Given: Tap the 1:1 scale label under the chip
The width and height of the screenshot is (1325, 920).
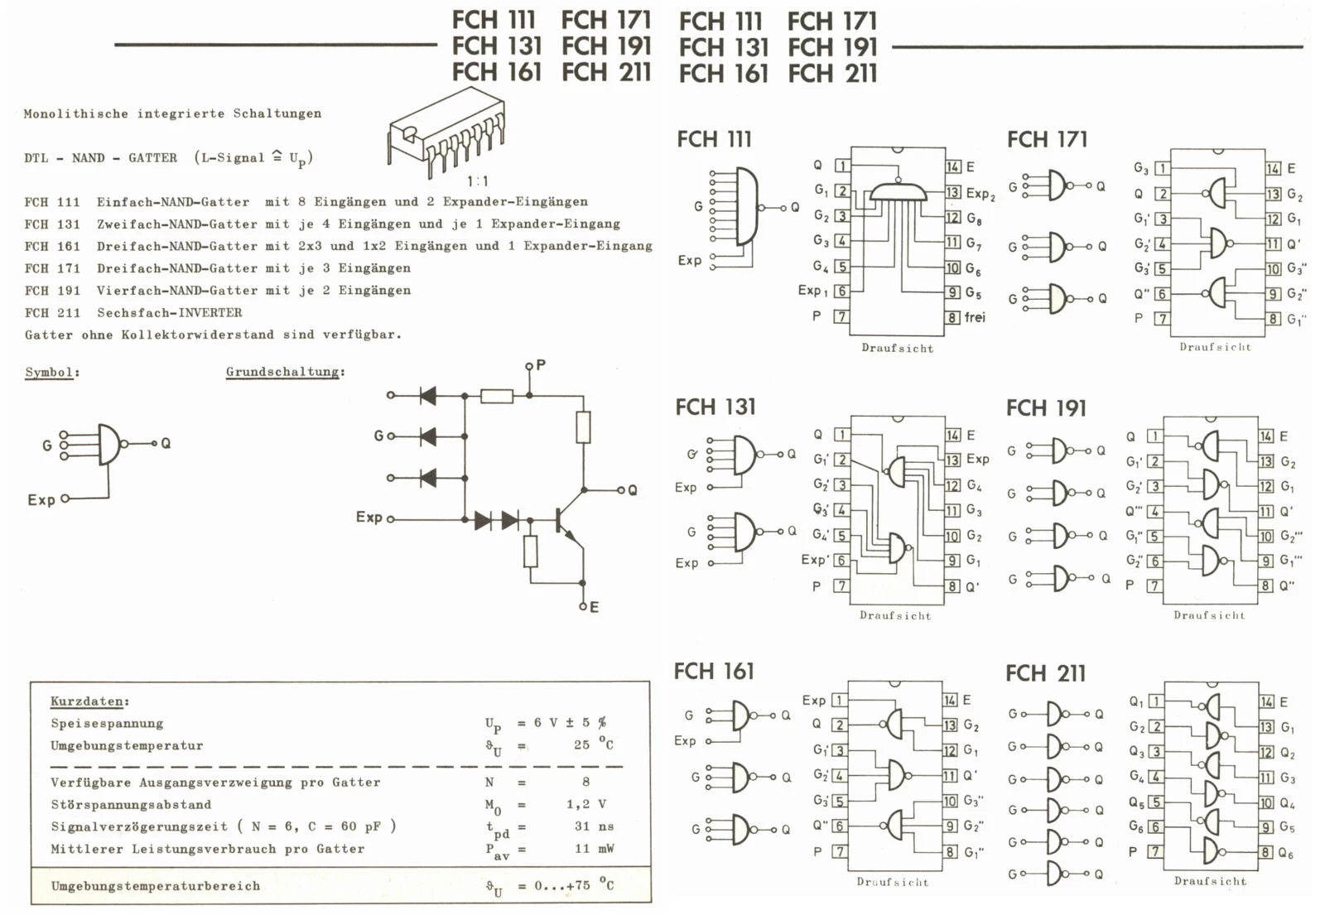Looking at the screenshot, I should coord(478,181).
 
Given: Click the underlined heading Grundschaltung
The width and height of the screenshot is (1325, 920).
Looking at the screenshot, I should coord(284,372).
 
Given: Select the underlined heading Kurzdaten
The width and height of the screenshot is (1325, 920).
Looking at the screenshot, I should coord(89,701).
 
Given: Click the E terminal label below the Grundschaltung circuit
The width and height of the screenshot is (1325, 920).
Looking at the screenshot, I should coord(594,607).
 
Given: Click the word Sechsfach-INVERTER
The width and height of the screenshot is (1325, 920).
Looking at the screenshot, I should coord(170,313).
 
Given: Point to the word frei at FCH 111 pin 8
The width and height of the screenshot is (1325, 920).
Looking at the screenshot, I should coord(975,317).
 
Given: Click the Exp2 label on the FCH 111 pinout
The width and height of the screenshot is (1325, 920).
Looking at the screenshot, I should coord(980,193).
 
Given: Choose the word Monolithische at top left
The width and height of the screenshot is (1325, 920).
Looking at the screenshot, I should coord(75,113).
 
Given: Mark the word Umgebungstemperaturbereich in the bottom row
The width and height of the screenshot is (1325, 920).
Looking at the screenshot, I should coord(155,886).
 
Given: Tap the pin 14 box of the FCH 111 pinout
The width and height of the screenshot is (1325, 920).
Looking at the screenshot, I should coord(953,166).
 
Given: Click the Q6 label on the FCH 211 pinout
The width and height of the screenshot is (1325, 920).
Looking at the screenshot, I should coord(1285,853).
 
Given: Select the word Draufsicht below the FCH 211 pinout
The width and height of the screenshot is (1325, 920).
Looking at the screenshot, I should coord(1210,881).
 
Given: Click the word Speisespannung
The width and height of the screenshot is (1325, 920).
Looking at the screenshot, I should coord(107,724).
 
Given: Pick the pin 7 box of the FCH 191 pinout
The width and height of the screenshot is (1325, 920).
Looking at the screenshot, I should coord(1154,585).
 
